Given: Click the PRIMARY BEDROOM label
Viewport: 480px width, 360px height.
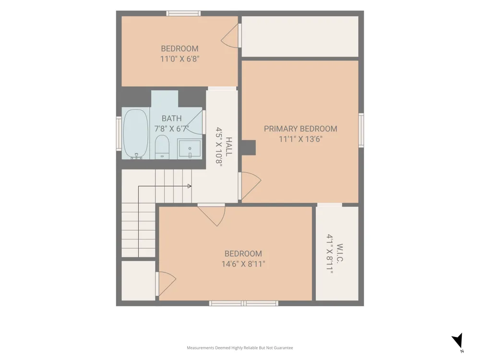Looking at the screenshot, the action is (x=300, y=129).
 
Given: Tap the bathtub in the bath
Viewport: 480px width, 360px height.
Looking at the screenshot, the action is (x=136, y=134).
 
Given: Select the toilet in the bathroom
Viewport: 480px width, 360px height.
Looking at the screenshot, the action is (x=162, y=147).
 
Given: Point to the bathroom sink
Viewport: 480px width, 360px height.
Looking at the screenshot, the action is (x=190, y=148).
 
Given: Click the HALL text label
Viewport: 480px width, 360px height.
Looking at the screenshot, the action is (x=228, y=146).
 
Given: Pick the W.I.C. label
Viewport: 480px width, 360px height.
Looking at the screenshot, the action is (x=339, y=253).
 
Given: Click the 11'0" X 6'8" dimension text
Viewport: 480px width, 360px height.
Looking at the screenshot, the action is (x=180, y=59).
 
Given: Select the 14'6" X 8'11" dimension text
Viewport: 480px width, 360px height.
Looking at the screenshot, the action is (x=243, y=264).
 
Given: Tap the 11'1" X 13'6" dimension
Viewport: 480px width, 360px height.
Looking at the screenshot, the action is (x=300, y=139).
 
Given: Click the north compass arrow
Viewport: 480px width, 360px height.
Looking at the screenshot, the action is (x=458, y=341).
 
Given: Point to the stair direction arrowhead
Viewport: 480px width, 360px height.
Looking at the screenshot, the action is (x=190, y=186).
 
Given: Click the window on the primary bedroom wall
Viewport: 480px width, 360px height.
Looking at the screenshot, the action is (x=361, y=131).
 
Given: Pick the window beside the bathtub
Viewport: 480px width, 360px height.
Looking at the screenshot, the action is (x=119, y=133).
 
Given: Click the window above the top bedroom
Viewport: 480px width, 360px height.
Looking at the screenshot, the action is (x=184, y=13).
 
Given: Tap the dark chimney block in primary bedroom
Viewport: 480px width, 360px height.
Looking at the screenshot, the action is (x=248, y=147).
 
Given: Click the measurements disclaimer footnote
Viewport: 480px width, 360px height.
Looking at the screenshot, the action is (x=240, y=348).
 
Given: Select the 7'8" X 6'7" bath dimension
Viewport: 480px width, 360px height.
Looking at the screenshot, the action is (x=171, y=129).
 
